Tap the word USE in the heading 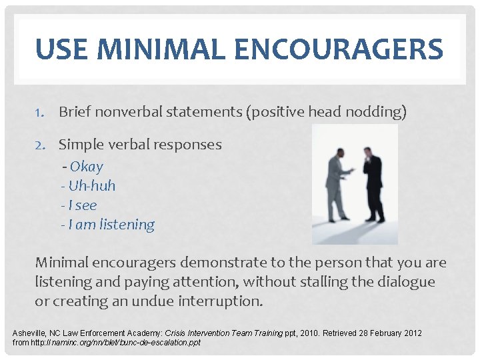tap(61, 49)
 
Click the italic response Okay tap(86, 167)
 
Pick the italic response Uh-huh tap(91, 186)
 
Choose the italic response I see tap(82, 205)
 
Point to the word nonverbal tap(126, 112)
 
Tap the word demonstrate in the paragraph tap(221, 262)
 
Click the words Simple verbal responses tap(140, 144)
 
